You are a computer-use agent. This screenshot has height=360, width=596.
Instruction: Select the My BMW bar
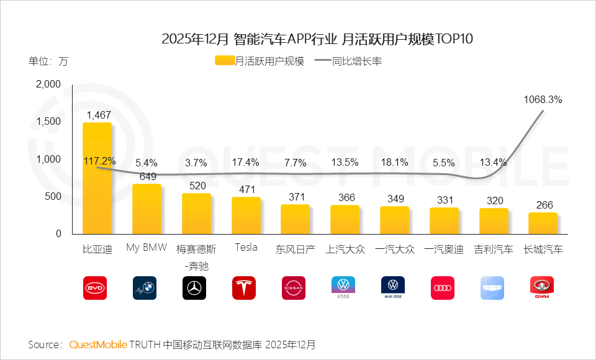pos(147,209)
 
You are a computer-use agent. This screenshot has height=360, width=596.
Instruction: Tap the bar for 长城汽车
pos(543,223)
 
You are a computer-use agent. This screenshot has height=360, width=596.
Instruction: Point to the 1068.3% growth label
pos(543,99)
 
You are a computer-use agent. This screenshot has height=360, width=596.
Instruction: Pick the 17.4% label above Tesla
pos(246,163)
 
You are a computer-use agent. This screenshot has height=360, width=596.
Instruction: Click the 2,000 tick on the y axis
pos(48,84)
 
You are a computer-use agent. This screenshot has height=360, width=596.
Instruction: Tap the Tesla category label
pos(246,248)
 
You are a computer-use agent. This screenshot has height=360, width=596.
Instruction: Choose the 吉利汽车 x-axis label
pos(494,250)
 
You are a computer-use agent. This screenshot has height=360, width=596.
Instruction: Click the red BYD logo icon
pos(95,288)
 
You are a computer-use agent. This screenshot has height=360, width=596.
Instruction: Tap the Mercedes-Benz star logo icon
pos(194,288)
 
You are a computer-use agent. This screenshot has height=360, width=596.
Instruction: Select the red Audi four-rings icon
pos(443,288)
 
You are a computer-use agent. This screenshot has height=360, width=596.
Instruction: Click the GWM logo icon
pos(542,288)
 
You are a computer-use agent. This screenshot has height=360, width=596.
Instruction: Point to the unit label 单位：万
pos(48,61)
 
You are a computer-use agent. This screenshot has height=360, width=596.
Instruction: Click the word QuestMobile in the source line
pos(98,344)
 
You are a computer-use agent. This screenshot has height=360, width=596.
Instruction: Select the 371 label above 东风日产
pos(296,197)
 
